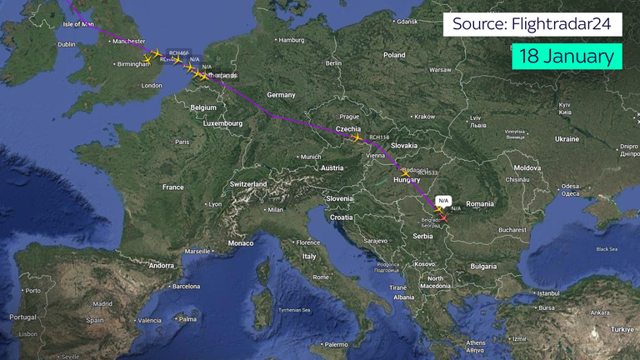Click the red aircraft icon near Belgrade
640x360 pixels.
(x=444, y=218)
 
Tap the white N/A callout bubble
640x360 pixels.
(x=443, y=200)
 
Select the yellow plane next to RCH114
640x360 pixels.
(x=358, y=138)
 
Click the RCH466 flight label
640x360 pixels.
(x=178, y=52)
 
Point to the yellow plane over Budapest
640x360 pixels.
(x=405, y=172)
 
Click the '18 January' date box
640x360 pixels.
(x=567, y=57)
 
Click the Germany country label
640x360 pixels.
(x=281, y=95)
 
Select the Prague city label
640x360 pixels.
(x=349, y=117)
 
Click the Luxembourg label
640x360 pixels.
(x=222, y=123)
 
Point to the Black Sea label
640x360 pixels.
(x=607, y=249)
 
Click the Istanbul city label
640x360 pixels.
(x=548, y=293)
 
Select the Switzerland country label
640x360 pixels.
(x=247, y=183)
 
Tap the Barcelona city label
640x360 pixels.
(x=187, y=286)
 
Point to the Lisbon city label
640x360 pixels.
(x=27, y=333)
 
